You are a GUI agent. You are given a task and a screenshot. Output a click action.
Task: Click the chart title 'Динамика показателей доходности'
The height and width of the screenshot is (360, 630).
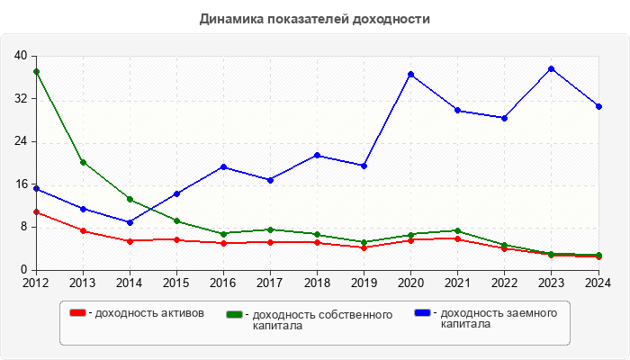pos(315,19)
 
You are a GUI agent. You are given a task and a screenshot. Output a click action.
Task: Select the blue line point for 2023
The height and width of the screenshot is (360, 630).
pos(552,68)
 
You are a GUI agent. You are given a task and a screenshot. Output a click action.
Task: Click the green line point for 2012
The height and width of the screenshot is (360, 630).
pos(36,71)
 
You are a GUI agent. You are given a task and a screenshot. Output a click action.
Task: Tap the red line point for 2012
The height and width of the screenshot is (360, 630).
pos(36,212)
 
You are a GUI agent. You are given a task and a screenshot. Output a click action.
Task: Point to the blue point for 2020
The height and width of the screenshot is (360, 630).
pos(411,74)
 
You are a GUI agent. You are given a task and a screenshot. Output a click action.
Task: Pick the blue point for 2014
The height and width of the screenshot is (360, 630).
pos(130,222)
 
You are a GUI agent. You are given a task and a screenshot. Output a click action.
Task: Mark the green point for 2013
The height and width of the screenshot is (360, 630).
pos(83,163)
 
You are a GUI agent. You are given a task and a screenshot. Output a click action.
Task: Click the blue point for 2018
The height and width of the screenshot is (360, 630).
pos(318,156)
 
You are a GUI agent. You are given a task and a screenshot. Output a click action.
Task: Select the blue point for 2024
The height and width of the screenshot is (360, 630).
pos(598,106)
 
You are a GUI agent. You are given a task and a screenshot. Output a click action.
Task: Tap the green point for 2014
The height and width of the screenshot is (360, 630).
pos(130,199)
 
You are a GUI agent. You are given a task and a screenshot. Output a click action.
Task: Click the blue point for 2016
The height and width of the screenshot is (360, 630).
pos(223,166)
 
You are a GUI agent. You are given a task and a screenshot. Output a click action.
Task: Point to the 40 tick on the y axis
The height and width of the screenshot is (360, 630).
pos(21,56)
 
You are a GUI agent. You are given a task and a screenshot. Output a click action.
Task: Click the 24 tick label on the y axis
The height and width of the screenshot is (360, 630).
pos(21,141)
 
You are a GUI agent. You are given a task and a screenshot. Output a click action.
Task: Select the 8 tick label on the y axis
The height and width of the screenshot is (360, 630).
pos(24,227)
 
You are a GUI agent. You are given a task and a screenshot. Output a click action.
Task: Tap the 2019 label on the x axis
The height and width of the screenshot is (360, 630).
pos(364,283)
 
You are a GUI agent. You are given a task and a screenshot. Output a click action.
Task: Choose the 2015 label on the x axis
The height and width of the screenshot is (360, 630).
pos(176,283)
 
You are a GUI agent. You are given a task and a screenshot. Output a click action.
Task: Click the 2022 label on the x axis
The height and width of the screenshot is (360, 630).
pos(505,283)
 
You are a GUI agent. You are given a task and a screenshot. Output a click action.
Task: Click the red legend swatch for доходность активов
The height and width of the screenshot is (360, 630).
pos(77,313)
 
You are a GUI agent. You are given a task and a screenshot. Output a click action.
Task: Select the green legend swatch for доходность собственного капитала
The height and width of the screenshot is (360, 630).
pos(235,314)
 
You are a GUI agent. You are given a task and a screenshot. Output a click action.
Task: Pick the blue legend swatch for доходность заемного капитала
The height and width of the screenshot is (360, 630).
pos(422,313)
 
